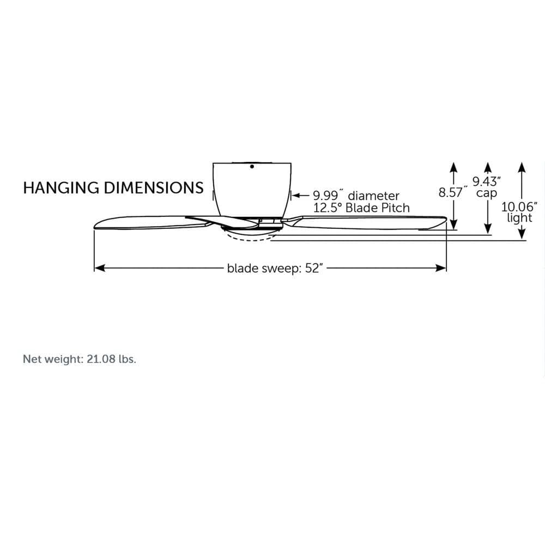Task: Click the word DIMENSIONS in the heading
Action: (154, 187)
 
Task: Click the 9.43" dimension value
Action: (487, 181)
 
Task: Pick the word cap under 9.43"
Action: (486, 193)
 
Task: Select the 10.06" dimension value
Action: (519, 207)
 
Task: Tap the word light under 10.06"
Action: (519, 219)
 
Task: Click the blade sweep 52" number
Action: (314, 268)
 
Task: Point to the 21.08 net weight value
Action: (101, 359)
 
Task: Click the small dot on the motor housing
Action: (252, 166)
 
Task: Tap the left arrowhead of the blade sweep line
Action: (100, 268)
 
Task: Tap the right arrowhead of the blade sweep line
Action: (441, 268)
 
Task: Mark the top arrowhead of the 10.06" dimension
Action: (522, 167)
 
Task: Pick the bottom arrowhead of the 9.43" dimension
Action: (488, 228)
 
